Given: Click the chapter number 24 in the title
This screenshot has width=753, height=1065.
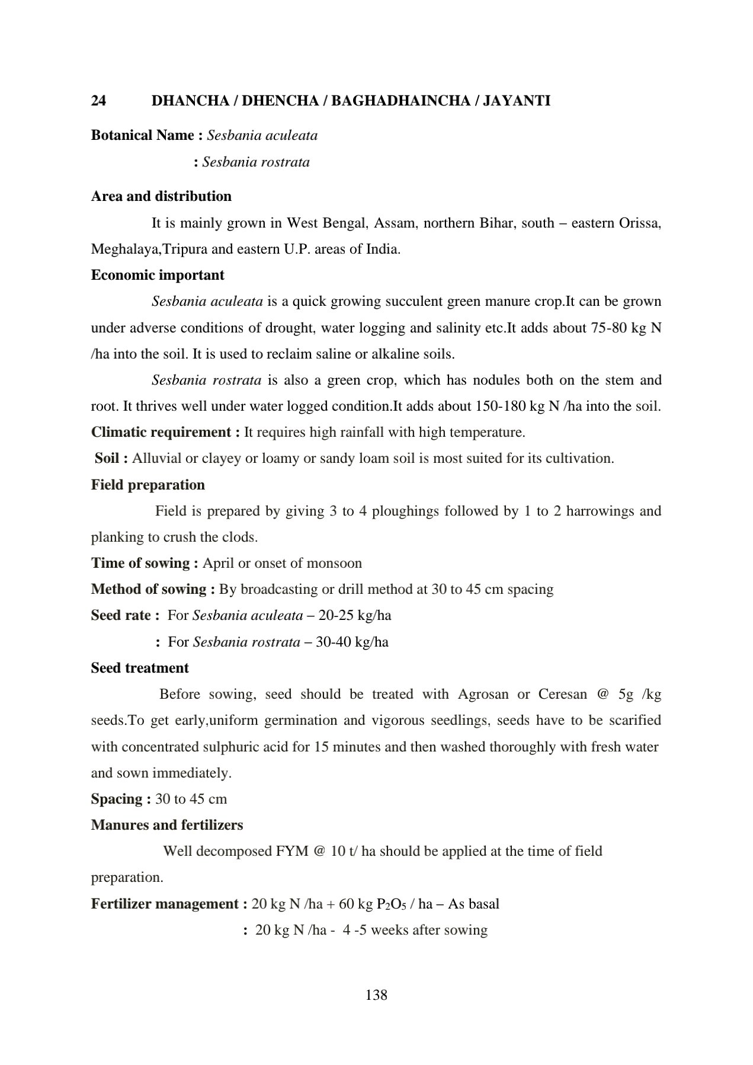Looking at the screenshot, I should (98, 101).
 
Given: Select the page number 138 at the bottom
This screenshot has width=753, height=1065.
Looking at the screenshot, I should (376, 995).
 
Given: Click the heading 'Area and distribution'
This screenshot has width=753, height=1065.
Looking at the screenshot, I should (161, 196).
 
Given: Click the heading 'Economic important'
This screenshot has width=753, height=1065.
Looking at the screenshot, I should (158, 275).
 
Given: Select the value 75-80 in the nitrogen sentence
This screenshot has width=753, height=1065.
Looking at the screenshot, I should (609, 328).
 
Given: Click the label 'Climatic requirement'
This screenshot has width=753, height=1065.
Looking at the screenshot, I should (161, 432).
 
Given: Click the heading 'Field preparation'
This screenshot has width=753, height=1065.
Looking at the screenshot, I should (148, 485).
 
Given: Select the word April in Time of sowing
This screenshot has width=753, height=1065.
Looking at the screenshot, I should (219, 563).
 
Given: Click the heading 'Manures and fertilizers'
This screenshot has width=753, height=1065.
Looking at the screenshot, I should (167, 825).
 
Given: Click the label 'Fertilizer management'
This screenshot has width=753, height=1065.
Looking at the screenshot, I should (165, 904).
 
